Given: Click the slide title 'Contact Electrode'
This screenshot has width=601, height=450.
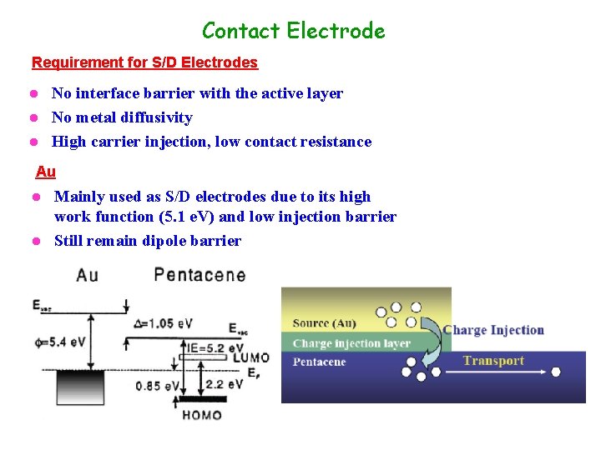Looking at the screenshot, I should pos(293,31).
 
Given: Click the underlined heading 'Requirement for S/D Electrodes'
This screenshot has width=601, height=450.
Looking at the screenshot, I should pos(144,62).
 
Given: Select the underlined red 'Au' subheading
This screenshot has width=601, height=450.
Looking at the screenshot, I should pos(46,172).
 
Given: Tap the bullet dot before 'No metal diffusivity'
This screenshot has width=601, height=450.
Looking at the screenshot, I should pos(35,117).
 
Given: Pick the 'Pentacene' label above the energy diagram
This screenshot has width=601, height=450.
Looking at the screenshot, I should pos(199,274).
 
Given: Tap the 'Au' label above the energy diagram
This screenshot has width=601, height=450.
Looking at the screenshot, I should pos(87,275).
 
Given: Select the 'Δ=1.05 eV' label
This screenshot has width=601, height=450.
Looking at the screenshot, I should pos(163,323).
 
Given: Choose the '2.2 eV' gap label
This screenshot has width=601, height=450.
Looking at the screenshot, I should pos(224,384).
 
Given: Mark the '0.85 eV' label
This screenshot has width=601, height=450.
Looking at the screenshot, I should pos(157,385).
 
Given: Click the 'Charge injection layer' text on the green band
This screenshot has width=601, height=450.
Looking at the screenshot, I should pos(351,342).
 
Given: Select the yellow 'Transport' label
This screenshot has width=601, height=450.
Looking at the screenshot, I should pos(493,361).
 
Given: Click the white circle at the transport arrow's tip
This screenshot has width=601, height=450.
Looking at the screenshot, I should pos(556,372).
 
